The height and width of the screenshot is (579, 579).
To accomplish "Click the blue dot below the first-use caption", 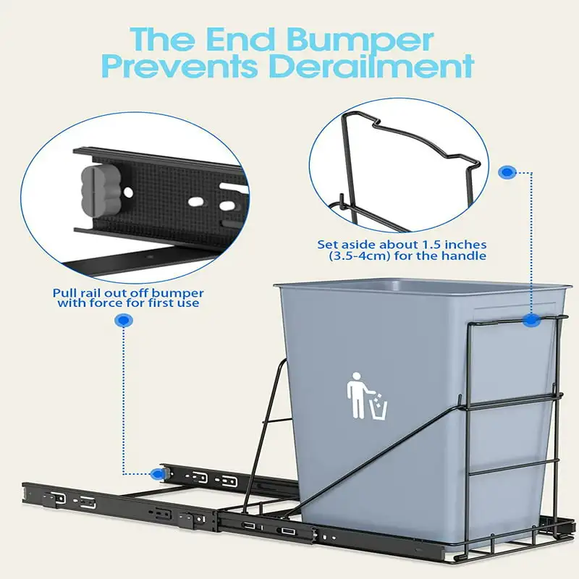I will (x=124, y=320).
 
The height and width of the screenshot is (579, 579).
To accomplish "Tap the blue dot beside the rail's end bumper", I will (x=157, y=474).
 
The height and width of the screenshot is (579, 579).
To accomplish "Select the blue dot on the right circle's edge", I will (x=507, y=173).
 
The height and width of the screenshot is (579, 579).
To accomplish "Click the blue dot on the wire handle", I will (x=532, y=318).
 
